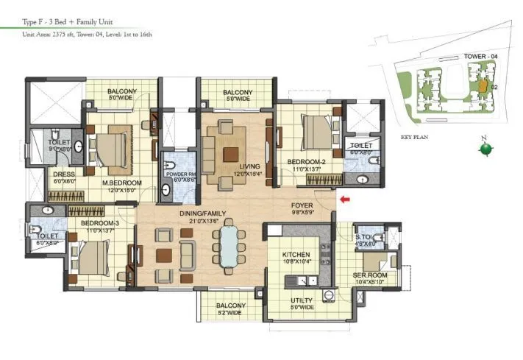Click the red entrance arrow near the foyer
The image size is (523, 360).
[x=344, y=198]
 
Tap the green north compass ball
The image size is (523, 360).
[x=485, y=149]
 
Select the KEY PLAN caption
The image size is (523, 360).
[x=416, y=137]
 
